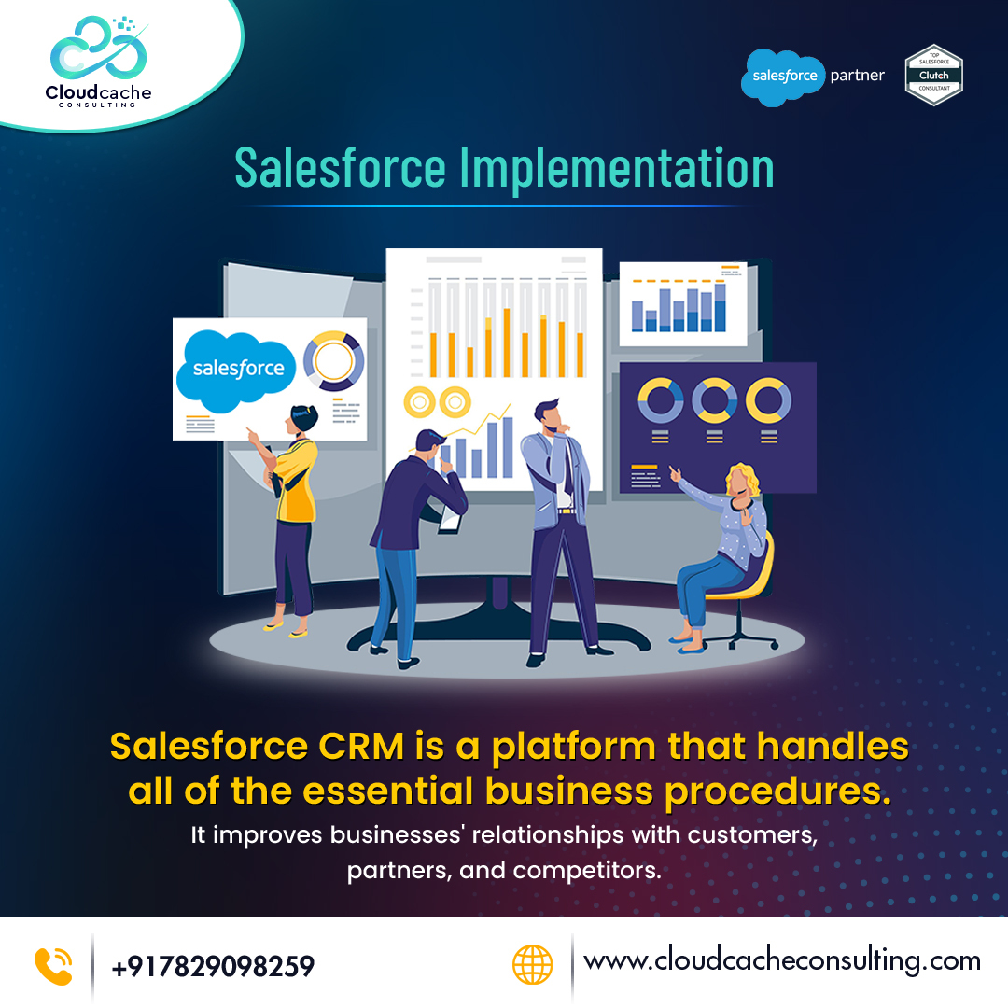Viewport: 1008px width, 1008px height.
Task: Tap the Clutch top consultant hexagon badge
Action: tap(933, 76)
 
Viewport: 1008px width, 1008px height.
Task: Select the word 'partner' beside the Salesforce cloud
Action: tap(857, 76)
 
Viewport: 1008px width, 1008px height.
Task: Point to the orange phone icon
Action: tap(52, 965)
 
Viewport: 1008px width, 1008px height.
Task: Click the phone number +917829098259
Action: tap(213, 966)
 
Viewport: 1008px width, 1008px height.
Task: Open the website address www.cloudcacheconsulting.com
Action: tap(782, 961)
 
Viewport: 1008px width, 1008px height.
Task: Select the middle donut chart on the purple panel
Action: tap(715, 400)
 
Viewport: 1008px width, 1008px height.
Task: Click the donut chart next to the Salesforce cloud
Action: tap(333, 360)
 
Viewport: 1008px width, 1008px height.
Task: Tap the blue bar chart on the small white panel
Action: tap(679, 308)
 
